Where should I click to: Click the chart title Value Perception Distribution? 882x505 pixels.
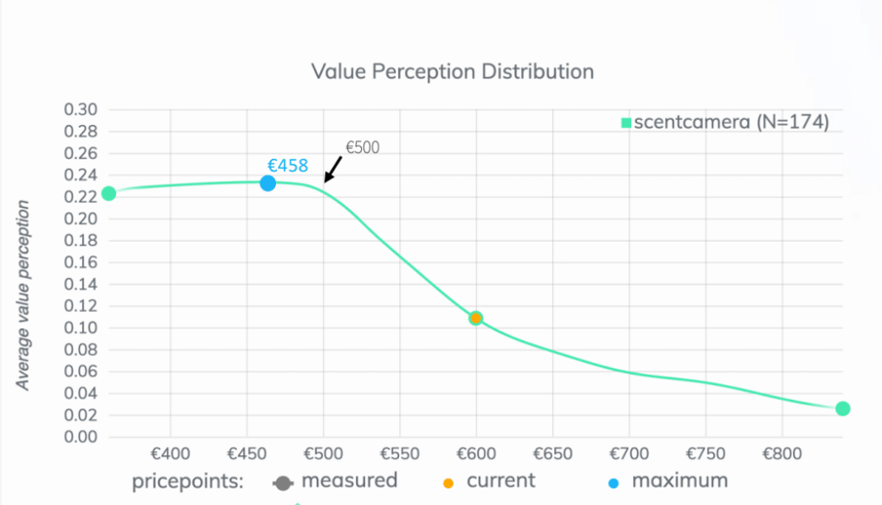click(x=452, y=71)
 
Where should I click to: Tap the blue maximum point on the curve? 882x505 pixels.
click(x=267, y=182)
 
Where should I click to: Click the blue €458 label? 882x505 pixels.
click(x=288, y=166)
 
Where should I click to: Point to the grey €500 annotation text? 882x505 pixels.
click(x=363, y=148)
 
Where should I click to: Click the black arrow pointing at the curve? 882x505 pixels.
click(x=333, y=170)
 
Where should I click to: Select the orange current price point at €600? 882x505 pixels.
click(x=475, y=318)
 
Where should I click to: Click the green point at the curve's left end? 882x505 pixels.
click(x=108, y=193)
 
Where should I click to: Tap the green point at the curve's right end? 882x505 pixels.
click(x=843, y=408)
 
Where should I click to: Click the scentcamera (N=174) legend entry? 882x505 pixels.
click(x=725, y=123)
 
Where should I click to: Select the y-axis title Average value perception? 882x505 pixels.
click(x=23, y=296)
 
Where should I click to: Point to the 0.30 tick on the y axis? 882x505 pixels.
click(x=80, y=109)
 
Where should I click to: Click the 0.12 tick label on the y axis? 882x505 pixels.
click(x=80, y=305)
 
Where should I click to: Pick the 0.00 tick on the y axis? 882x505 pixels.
click(x=80, y=436)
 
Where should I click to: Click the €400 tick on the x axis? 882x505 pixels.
click(x=170, y=454)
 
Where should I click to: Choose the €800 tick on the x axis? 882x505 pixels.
click(x=781, y=454)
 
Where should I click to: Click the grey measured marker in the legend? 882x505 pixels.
click(x=284, y=483)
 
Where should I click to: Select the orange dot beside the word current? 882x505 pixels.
click(x=448, y=483)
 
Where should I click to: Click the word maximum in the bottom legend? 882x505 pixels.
click(x=679, y=481)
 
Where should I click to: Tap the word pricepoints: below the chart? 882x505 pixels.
click(x=187, y=483)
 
